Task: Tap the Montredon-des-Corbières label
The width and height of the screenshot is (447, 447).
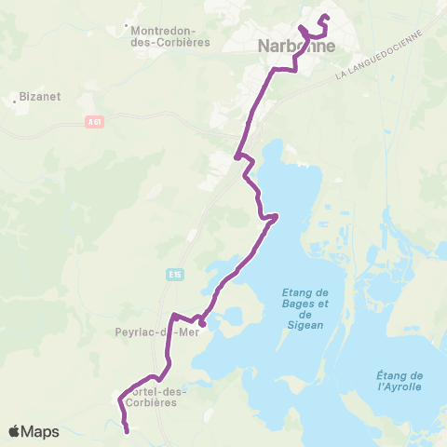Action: click(170, 35)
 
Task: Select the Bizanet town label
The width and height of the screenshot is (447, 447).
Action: click(38, 95)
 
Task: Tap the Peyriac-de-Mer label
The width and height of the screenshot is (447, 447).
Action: click(154, 332)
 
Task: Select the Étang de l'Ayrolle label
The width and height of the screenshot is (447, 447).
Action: click(400, 380)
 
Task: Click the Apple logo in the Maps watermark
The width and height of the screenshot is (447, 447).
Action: click(15, 431)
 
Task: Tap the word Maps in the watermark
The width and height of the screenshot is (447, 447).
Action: click(40, 431)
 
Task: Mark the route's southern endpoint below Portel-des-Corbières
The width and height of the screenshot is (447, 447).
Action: click(126, 429)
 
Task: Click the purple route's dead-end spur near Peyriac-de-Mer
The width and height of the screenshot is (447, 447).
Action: click(202, 324)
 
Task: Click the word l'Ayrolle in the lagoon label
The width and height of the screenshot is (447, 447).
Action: click(400, 386)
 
